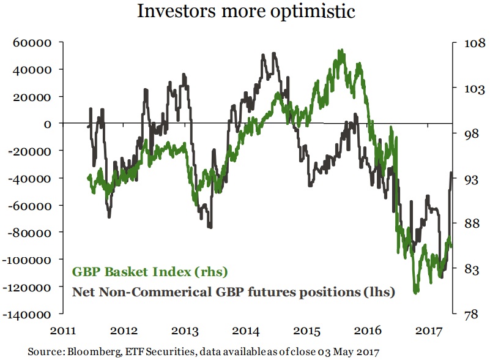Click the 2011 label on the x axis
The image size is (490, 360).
(64, 331)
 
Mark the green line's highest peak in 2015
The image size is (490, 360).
(341, 50)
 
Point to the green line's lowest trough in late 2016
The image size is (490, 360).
(416, 293)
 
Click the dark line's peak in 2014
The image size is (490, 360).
(273, 53)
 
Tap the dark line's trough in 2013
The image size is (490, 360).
(210, 227)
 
